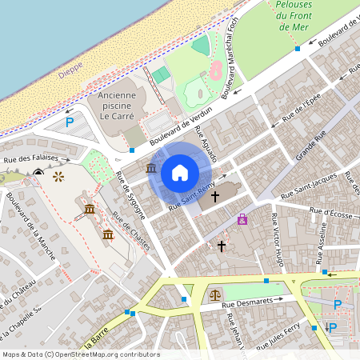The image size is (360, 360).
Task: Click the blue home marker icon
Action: click(180, 172)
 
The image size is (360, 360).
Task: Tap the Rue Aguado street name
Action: click(206, 145)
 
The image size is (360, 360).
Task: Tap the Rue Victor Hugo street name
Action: click(278, 239)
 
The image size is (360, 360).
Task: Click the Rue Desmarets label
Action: click(253, 301)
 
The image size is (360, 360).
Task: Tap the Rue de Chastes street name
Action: click(131, 230)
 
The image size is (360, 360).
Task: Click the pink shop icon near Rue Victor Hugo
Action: click(242, 219)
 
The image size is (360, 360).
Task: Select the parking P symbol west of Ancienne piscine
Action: click(70, 122)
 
